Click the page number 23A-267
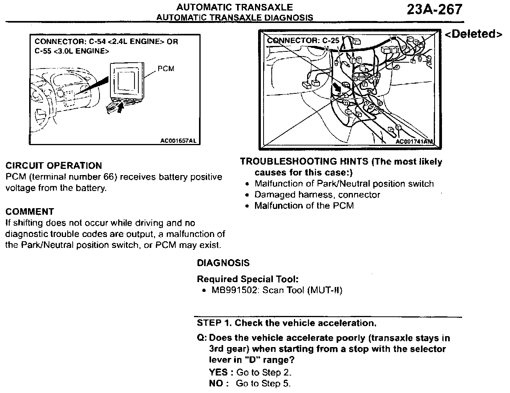click(x=435, y=9)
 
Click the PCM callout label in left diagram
click(x=166, y=69)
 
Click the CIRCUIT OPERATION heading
click(x=54, y=166)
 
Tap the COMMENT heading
click(x=30, y=212)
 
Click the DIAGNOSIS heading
click(x=223, y=263)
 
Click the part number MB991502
click(x=234, y=290)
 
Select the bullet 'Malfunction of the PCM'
click(x=304, y=205)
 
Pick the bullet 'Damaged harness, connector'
click(x=317, y=195)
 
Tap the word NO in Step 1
click(x=216, y=384)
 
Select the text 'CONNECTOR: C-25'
click(x=303, y=40)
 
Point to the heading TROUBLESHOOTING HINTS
click(x=305, y=161)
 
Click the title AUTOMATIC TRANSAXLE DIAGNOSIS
click(x=234, y=18)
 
